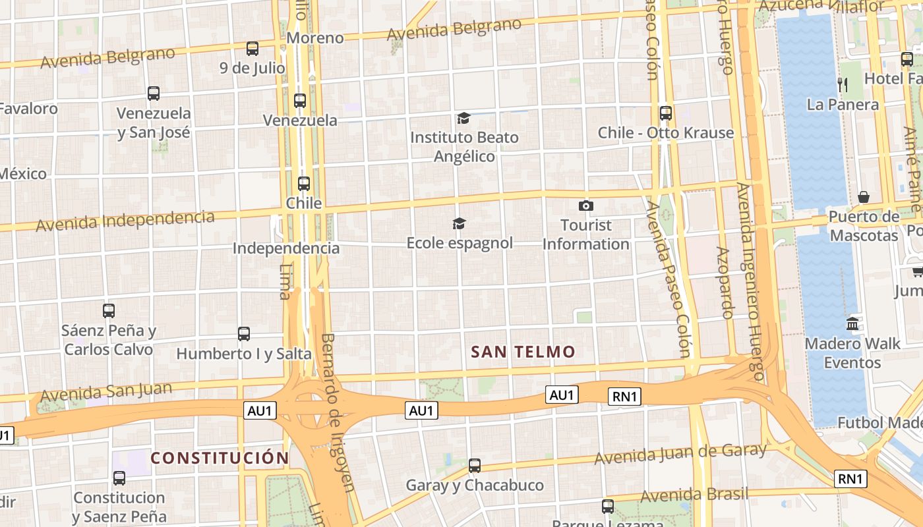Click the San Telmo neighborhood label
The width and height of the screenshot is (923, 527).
click(x=523, y=352)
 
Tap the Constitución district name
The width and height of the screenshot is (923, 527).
click(x=220, y=458)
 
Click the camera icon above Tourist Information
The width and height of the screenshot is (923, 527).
click(x=585, y=206)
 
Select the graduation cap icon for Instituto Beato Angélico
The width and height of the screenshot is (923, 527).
click(x=463, y=119)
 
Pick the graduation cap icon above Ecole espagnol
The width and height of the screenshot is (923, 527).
click(x=459, y=224)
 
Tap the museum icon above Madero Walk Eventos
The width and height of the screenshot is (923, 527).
click(x=852, y=324)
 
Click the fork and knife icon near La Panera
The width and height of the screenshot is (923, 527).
click(x=842, y=84)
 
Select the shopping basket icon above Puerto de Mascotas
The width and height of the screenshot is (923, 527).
click(x=864, y=197)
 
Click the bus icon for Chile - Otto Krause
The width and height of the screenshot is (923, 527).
click(x=666, y=113)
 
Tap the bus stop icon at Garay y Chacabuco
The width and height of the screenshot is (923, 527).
click(x=475, y=466)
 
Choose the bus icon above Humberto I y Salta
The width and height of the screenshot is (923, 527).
click(x=244, y=334)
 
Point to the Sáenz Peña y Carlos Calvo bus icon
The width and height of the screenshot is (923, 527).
click(x=109, y=311)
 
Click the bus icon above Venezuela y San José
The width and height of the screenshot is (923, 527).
click(x=154, y=94)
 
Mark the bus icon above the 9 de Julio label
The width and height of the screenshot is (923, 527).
click(x=253, y=48)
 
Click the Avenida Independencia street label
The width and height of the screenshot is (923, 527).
click(x=125, y=221)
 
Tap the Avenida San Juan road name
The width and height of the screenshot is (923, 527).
click(x=106, y=393)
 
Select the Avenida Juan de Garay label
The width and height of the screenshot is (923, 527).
click(x=680, y=454)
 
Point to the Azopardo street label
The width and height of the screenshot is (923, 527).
click(x=724, y=283)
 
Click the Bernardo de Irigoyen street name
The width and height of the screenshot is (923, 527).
click(x=338, y=412)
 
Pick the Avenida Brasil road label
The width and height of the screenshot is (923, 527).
click(x=694, y=494)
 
